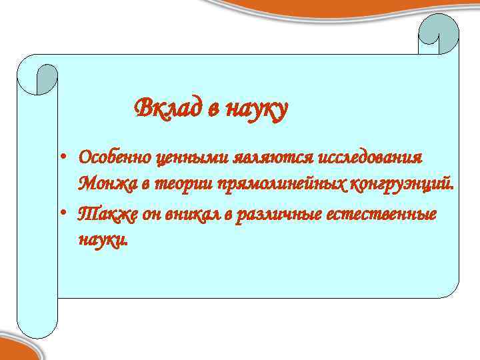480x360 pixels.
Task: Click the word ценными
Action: (x=193, y=159)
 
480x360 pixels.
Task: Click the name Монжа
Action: (x=102, y=183)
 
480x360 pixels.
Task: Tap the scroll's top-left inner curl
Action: (x=47, y=79)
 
